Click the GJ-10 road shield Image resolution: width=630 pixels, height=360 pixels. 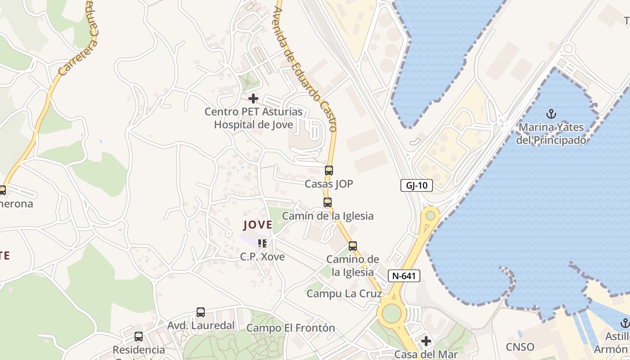pos(417,185)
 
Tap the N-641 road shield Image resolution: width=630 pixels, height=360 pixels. pos(404,276)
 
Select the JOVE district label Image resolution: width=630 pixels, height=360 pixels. pos(258,225)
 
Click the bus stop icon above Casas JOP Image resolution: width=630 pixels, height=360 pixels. pos(329,171)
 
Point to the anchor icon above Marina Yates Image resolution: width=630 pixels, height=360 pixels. pos(551,114)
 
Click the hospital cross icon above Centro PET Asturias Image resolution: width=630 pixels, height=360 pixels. pos(253,98)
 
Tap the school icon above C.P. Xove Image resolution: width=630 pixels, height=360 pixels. pos(262,243)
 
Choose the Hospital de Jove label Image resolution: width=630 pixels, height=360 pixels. pos(253,125)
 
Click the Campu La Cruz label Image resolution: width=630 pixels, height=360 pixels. pos(344,294)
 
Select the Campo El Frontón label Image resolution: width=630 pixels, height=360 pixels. pos(291,328)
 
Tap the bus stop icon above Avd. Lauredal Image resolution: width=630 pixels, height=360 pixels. pos(201,312)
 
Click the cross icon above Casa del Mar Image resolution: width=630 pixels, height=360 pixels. pos(426,341)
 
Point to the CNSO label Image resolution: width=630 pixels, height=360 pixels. pos(520,347)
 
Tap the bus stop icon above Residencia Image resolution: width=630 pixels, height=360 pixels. pos(139,337)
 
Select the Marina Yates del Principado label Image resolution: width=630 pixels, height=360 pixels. pos(551,134)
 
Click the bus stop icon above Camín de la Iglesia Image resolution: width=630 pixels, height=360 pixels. pos(328,202)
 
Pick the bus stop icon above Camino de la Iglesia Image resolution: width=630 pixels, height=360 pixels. pos(353,246)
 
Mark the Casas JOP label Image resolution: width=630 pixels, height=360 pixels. pos(329,184)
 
